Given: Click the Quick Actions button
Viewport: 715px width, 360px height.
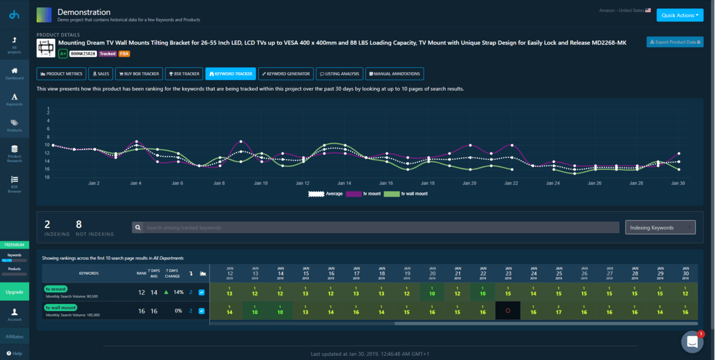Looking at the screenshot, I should click(679, 15).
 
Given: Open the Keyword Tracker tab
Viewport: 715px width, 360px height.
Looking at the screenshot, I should click(230, 74).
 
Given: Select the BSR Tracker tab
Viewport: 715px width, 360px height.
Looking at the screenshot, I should click(184, 74).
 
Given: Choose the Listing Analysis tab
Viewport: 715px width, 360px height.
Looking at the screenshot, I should click(339, 74).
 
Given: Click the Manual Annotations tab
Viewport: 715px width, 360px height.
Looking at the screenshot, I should click(394, 74).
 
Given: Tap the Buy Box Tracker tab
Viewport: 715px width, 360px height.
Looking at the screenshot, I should click(139, 74).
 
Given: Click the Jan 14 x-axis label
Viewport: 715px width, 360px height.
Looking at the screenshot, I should click(345, 183).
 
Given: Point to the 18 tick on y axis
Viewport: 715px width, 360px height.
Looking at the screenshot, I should click(47, 177).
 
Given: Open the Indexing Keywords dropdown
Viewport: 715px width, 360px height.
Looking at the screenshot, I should click(660, 227).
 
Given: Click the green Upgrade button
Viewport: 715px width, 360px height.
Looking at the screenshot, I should click(14, 292).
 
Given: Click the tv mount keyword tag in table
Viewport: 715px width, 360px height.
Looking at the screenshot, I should click(55, 288).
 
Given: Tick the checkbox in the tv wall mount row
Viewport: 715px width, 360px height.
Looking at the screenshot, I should click(201, 311).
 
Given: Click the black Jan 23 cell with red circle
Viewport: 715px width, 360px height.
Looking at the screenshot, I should click(508, 311).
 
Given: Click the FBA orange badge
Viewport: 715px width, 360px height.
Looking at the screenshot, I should click(125, 54).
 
